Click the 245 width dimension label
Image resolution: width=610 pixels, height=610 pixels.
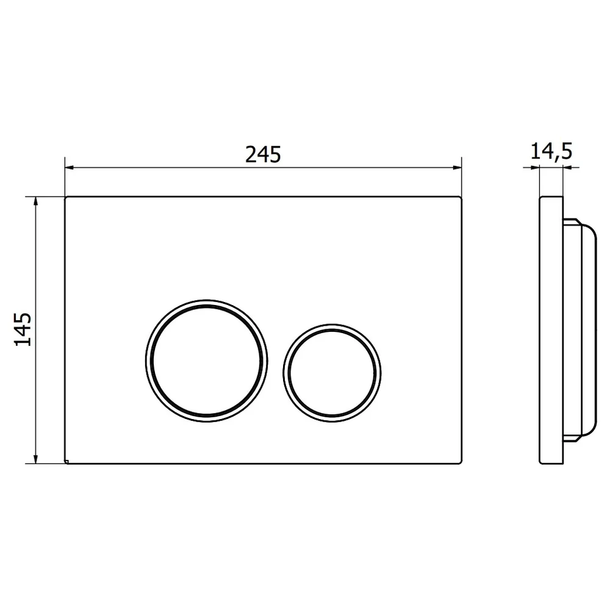(x=263, y=154)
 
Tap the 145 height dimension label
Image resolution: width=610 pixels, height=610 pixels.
(x=23, y=329)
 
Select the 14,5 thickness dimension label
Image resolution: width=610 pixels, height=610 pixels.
(x=551, y=151)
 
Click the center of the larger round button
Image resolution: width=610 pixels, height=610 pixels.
(x=207, y=361)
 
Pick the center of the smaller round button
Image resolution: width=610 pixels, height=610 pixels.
(x=332, y=373)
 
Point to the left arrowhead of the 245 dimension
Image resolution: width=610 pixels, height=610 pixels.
(x=70, y=168)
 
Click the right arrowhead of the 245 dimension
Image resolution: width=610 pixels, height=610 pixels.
(x=457, y=168)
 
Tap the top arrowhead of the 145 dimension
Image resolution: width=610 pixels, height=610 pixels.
(x=36, y=201)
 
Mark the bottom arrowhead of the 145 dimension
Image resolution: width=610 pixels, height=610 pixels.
(x=36, y=459)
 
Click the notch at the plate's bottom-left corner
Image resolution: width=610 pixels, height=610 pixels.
(x=66, y=462)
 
